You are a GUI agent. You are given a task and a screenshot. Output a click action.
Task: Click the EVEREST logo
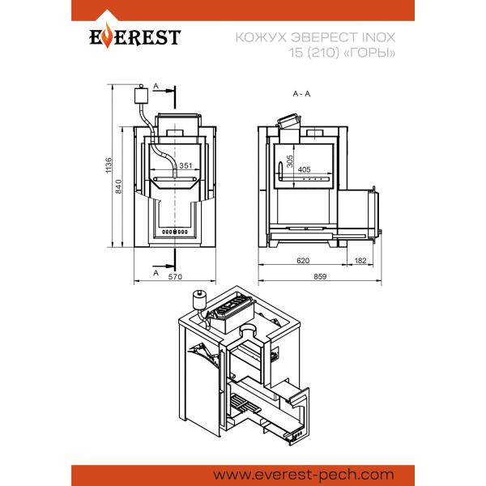click(134, 36)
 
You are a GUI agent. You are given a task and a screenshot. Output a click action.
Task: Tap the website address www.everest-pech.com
click(304, 475)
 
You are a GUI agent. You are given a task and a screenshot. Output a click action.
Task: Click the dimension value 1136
click(109, 165)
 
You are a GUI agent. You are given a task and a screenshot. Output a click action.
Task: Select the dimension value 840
click(119, 186)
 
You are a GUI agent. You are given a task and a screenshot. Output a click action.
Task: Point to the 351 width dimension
click(185, 165)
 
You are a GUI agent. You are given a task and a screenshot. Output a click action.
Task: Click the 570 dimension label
click(175, 276)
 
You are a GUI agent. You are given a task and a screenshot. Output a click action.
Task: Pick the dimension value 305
click(290, 161)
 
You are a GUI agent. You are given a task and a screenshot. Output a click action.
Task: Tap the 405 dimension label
click(304, 169)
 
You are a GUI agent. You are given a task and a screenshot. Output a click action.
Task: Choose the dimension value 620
click(303, 261)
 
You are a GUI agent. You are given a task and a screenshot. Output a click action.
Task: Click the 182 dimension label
click(360, 261)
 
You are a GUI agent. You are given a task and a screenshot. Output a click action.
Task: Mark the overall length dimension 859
click(320, 276)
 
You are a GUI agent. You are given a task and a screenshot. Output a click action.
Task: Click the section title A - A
click(301, 94)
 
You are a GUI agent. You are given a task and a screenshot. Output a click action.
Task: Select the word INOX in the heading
click(379, 37)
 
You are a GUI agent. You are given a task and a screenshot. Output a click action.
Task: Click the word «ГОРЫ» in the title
click(370, 53)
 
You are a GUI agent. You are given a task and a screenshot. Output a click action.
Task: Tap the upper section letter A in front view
click(156, 86)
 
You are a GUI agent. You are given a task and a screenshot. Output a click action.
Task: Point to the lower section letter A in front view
click(156, 272)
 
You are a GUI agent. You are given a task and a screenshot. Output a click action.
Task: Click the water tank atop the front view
click(141, 95)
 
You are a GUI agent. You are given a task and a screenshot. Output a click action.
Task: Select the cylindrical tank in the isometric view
click(199, 300)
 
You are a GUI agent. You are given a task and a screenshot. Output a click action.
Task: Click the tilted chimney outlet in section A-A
click(289, 122)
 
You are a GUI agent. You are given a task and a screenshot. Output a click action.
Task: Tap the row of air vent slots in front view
click(175, 232)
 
